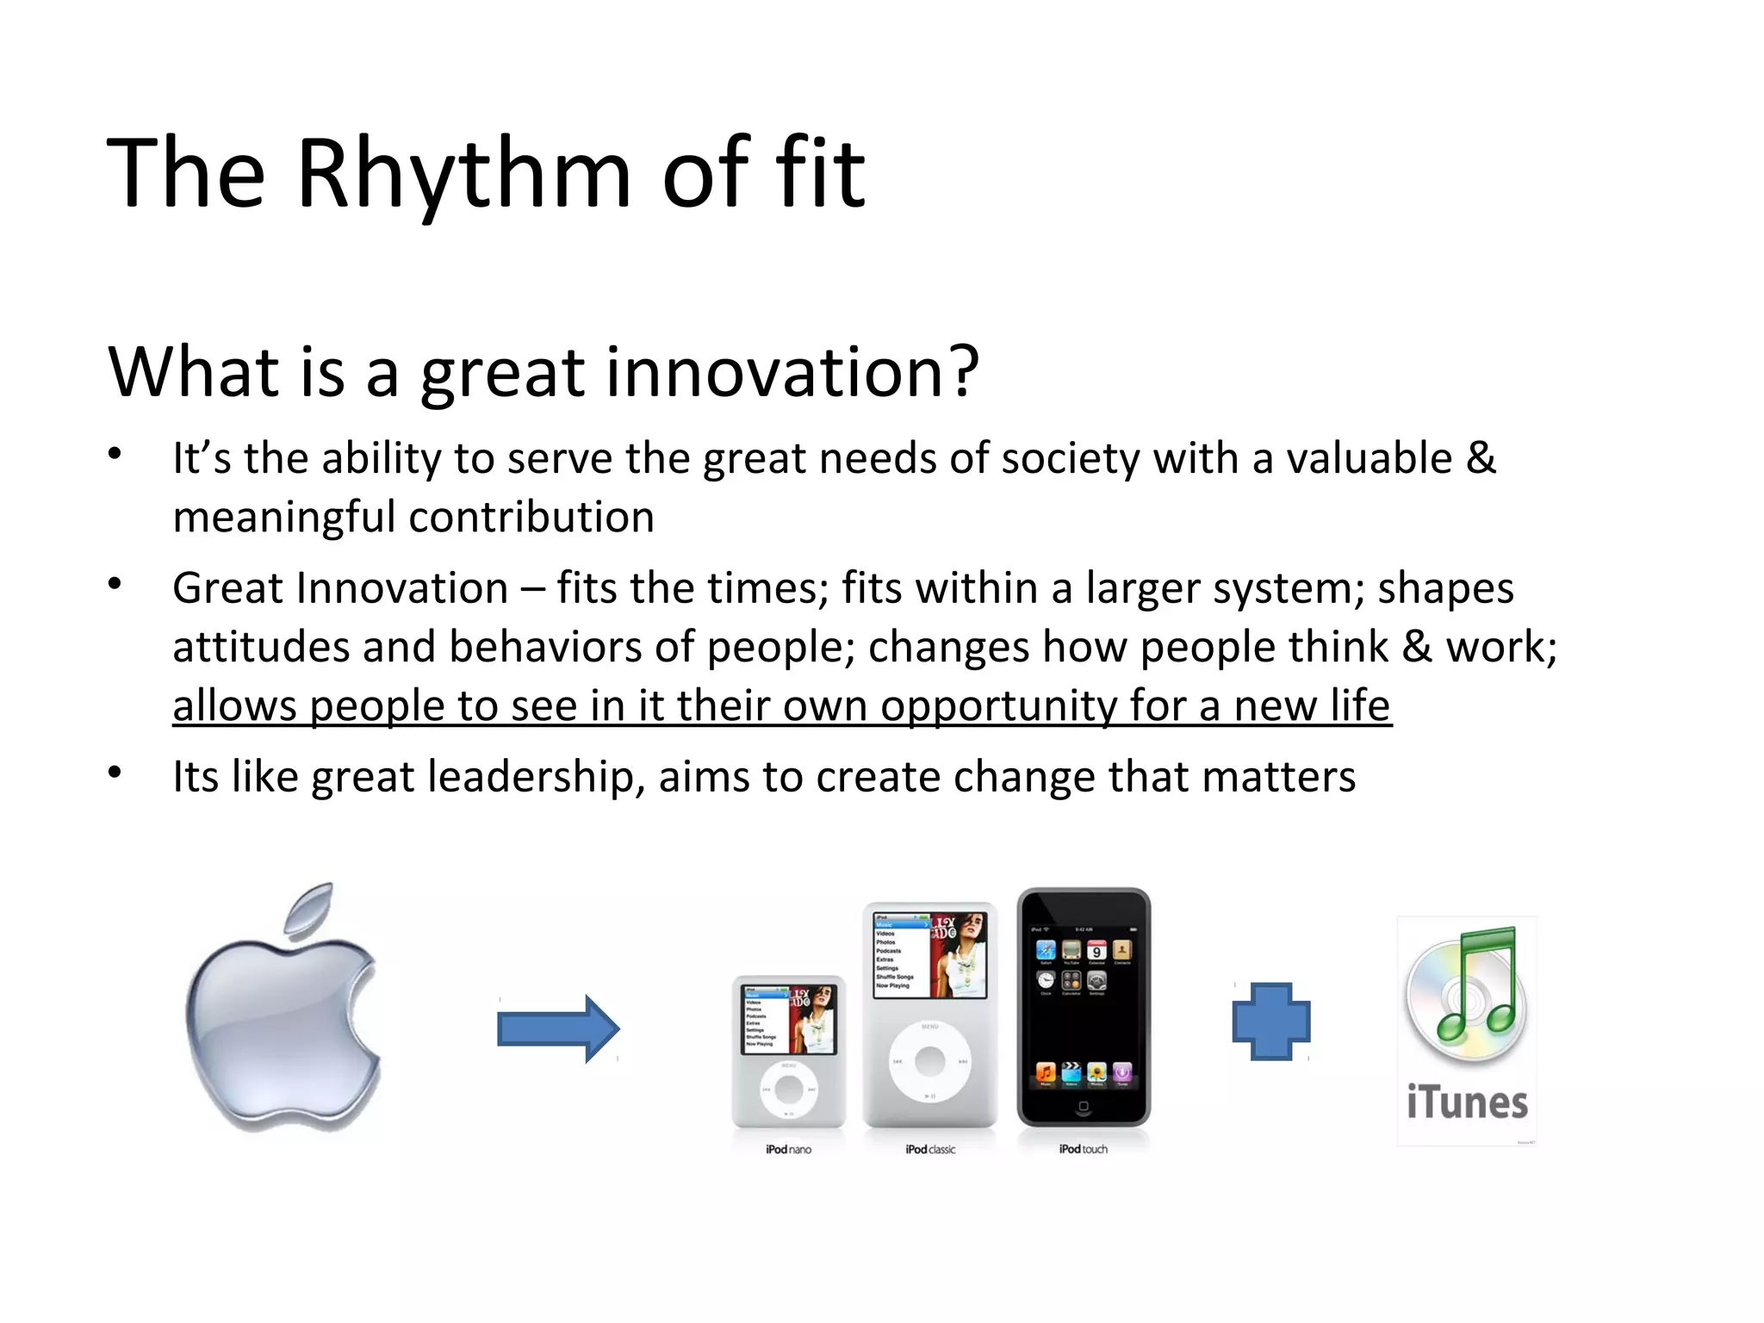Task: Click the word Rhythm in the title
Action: pos(463,175)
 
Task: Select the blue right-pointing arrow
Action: pos(558,1028)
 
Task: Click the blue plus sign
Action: pos(1271,1022)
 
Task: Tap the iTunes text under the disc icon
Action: pos(1467,1102)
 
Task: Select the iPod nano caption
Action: pos(788,1149)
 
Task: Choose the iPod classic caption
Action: pos(930,1149)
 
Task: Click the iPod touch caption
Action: pos(1084,1149)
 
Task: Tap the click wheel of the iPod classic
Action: pos(929,1061)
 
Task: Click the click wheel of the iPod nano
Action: pos(788,1090)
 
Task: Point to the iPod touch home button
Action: pos(1084,1106)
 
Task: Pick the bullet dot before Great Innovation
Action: pos(115,585)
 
